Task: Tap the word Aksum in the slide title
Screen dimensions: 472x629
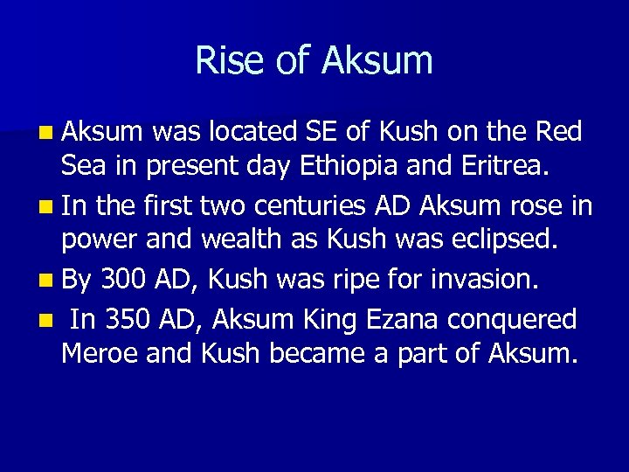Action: click(377, 60)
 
